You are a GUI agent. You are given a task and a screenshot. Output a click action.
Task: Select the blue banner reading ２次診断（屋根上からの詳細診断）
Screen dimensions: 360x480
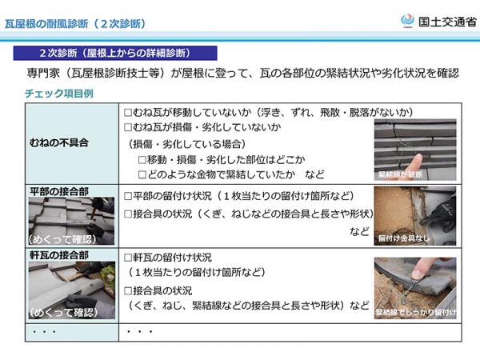point(117,53)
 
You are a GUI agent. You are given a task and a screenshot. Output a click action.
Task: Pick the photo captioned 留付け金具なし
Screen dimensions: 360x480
point(414,214)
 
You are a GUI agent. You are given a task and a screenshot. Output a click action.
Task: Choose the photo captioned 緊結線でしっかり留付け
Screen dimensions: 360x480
point(414,286)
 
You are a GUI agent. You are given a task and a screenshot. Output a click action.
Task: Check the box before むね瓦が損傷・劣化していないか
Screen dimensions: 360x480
point(127,128)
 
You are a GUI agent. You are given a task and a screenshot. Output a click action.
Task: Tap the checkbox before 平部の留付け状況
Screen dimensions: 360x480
point(127,196)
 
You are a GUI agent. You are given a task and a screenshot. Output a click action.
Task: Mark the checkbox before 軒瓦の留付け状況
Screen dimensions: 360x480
point(127,258)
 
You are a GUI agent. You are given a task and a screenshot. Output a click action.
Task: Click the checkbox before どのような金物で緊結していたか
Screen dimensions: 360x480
point(142,174)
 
